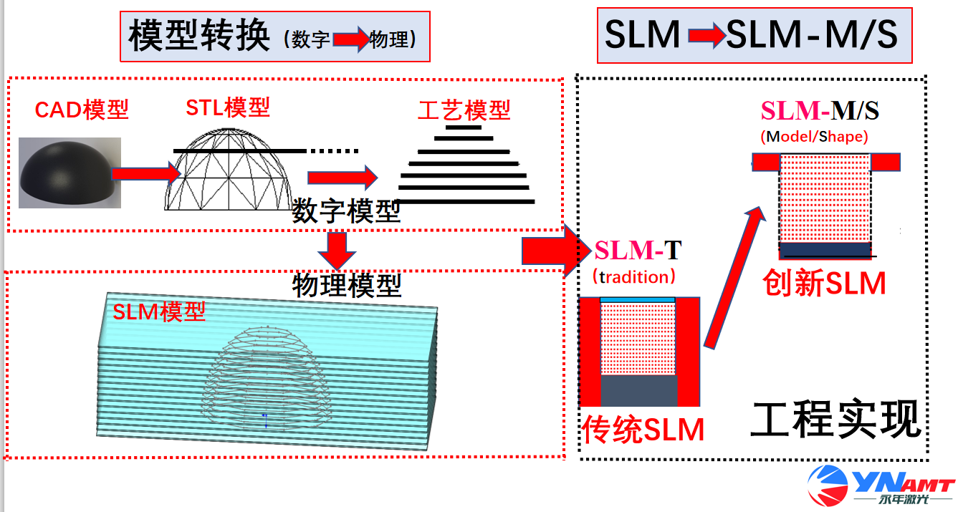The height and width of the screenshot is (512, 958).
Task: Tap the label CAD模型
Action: coord(82,110)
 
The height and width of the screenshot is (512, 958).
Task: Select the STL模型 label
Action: coord(228,107)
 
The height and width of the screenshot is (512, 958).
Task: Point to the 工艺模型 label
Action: coord(464,110)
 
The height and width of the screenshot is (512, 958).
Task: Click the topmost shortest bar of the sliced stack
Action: coord(464,128)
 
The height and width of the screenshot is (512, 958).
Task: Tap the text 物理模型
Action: coord(347,285)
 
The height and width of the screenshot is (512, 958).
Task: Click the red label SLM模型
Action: coord(159,311)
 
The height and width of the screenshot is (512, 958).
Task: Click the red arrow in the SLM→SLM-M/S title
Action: coord(706,37)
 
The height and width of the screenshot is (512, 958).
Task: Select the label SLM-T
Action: coord(638,251)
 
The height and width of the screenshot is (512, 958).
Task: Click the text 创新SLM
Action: coord(824,284)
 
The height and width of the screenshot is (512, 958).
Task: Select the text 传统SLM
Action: coord(643,430)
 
